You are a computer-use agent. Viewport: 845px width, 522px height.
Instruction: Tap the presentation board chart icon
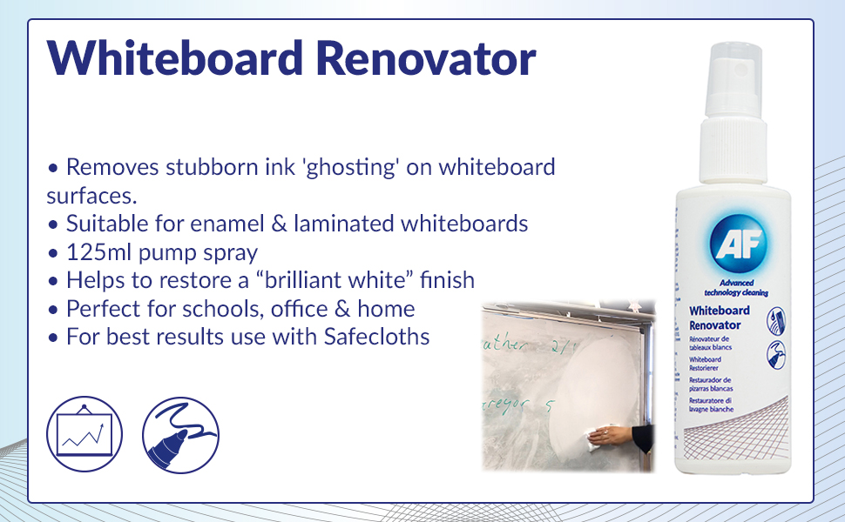click(x=84, y=434)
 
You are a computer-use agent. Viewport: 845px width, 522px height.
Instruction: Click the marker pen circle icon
click(x=180, y=434)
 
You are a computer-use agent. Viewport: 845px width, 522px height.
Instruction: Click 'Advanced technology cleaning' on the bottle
click(x=731, y=288)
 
